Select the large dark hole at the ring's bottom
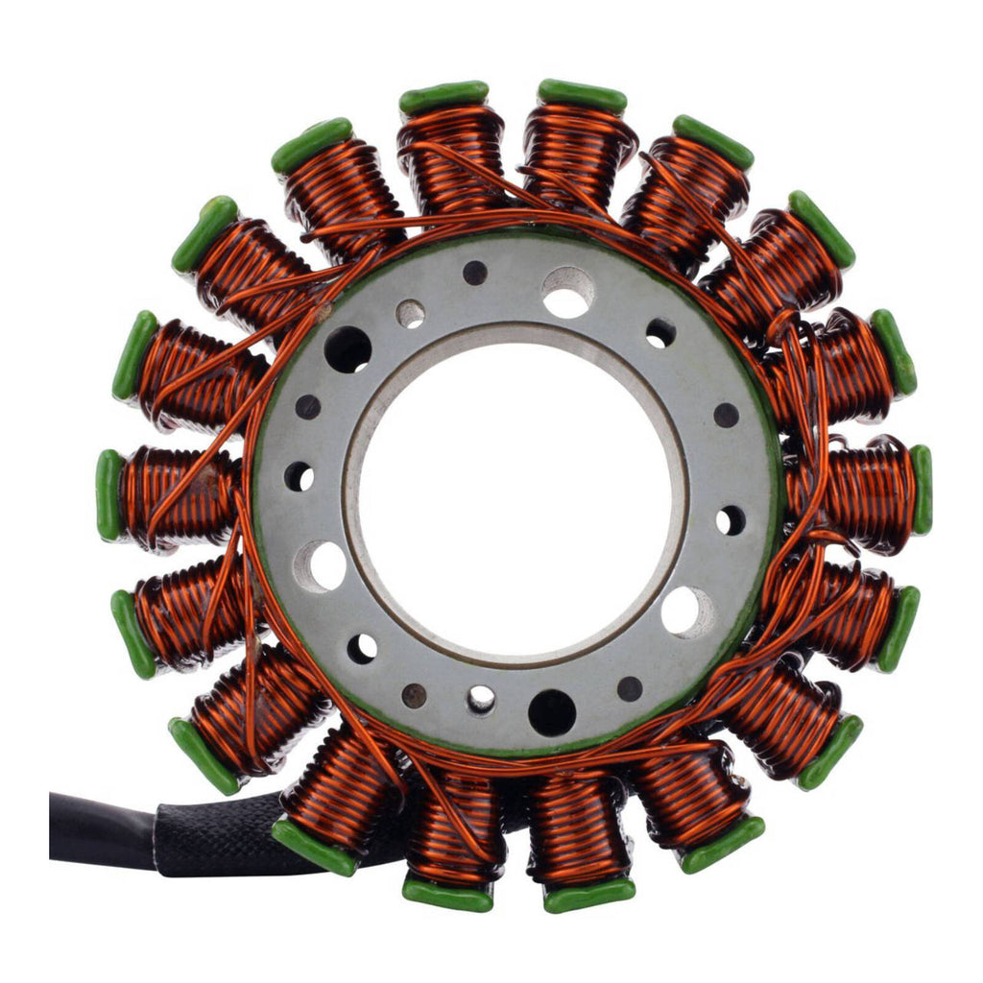coord(552,712)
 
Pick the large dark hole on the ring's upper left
coord(348,349)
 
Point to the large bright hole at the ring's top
coord(567,292)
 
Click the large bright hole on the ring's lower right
coord(686,611)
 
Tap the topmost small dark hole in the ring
coord(475,273)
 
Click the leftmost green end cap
coord(108,494)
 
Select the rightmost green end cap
coord(922,490)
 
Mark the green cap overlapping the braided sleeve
coord(314,845)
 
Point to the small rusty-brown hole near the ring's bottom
coord(414,695)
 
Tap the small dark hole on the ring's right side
coord(726,415)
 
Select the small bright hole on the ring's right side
coord(731,519)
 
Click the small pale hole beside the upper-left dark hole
coord(410,313)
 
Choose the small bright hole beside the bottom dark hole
coord(481,699)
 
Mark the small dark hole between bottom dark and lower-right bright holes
coord(630,688)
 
